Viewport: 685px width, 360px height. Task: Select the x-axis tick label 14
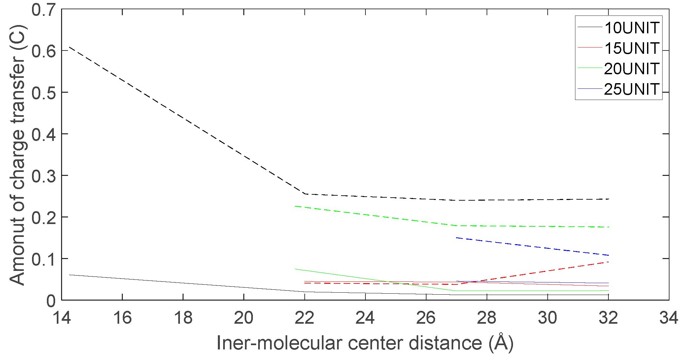point(62,318)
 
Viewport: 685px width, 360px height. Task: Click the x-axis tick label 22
point(304,318)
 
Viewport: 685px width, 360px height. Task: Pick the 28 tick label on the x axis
point(487,318)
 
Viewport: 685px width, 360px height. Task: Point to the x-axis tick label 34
point(669,318)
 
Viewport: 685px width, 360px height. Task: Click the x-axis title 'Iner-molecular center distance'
point(365,343)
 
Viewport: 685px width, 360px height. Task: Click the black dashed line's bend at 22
point(305,194)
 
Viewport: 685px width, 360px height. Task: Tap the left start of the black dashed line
point(69,47)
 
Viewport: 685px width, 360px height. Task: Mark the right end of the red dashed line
point(608,262)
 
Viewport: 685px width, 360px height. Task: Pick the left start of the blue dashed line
point(456,238)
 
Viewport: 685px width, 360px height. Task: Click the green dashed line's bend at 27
point(456,226)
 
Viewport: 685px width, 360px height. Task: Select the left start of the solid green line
point(295,269)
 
